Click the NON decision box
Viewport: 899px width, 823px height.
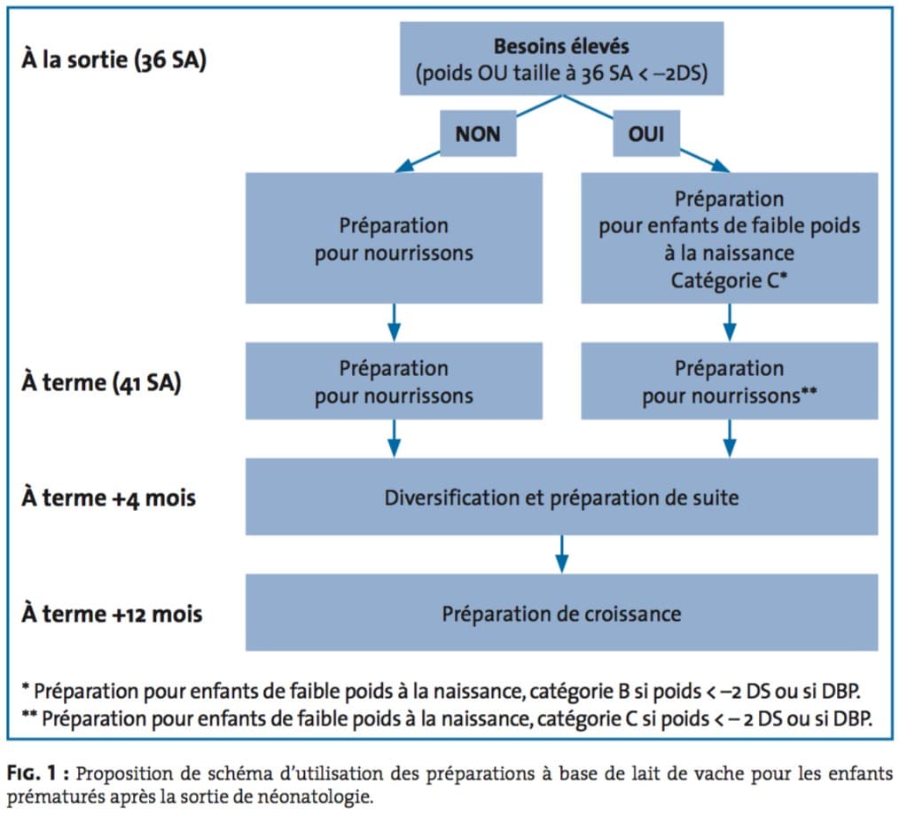(478, 133)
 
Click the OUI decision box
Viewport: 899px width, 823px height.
(646, 133)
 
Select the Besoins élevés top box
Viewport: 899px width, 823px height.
(561, 59)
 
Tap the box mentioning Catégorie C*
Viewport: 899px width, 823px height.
(730, 238)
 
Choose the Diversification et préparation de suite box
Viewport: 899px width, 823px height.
(561, 497)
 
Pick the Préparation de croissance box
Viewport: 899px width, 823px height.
(561, 613)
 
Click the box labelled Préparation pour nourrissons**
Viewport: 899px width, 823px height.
(730, 380)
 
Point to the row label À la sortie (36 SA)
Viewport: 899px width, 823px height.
(113, 60)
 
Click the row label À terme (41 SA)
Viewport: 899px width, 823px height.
(101, 382)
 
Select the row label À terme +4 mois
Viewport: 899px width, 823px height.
(108, 498)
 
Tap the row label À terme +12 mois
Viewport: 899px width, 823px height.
(112, 614)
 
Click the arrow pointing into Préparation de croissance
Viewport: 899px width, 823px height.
(562, 554)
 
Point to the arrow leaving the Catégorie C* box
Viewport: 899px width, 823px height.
(730, 323)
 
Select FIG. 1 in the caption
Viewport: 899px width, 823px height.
(32, 773)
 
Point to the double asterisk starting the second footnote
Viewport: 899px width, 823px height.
(29, 715)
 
